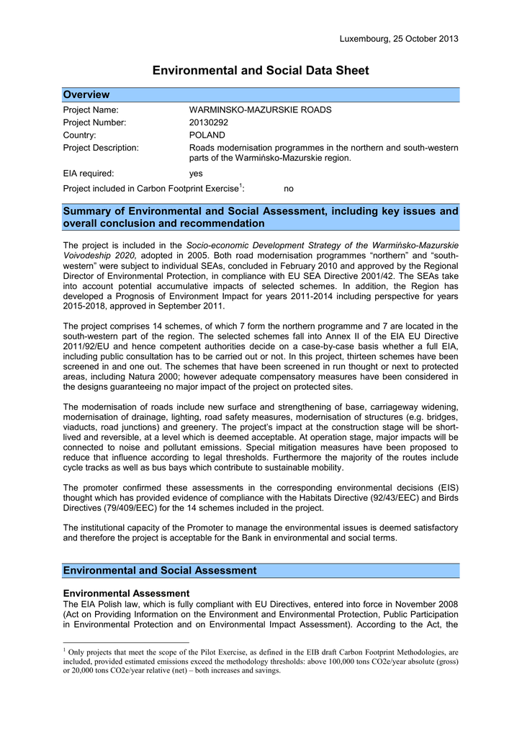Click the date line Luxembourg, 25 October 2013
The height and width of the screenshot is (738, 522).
coord(398,38)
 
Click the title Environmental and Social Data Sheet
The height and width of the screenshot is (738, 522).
coord(261,71)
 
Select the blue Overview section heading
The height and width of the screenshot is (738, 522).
coord(86,94)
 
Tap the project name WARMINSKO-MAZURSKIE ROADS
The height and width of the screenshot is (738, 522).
coord(260,110)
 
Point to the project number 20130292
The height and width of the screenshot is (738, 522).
coord(209,123)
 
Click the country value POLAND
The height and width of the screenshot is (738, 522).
coord(207,135)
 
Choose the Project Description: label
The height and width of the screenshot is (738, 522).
coord(101,148)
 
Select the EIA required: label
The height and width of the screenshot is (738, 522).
coord(89,174)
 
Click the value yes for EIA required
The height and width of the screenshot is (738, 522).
coord(196,174)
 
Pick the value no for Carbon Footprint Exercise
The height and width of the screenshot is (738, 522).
coord(289,189)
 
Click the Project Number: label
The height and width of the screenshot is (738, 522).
coord(95,123)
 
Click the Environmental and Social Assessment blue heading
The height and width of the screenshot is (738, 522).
coord(160,570)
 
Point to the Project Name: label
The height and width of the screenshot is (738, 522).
coord(91,110)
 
